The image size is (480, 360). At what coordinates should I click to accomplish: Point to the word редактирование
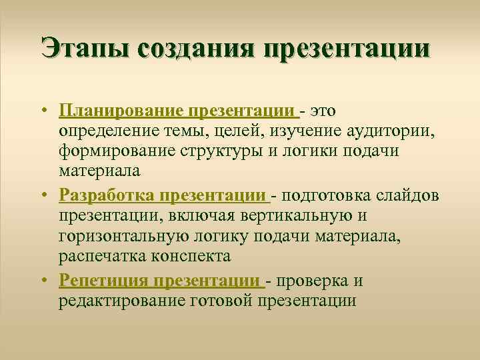coord(123,302)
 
